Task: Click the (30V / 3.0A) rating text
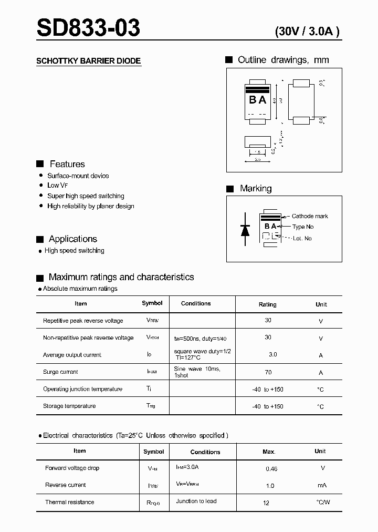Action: tap(308, 31)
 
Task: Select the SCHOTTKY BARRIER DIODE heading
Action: tap(88, 61)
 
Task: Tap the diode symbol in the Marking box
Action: tap(245, 229)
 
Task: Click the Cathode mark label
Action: tap(310, 216)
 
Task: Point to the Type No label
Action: tap(303, 227)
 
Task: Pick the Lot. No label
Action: tap(302, 238)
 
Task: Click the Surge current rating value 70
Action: tap(268, 372)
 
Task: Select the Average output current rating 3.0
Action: tap(272, 355)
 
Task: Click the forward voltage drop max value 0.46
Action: tap(271, 468)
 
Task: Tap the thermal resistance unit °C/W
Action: tap(323, 503)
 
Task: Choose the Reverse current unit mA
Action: tap(323, 485)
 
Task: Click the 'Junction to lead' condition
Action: tap(196, 501)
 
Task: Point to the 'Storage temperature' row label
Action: tap(69, 406)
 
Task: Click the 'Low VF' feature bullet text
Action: tap(58, 186)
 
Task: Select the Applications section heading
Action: tap(73, 239)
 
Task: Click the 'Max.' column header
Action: tap(269, 452)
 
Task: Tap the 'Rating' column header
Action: tap(267, 304)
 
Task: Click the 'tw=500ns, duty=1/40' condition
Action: tap(200, 337)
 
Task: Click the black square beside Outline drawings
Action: tap(229, 60)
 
